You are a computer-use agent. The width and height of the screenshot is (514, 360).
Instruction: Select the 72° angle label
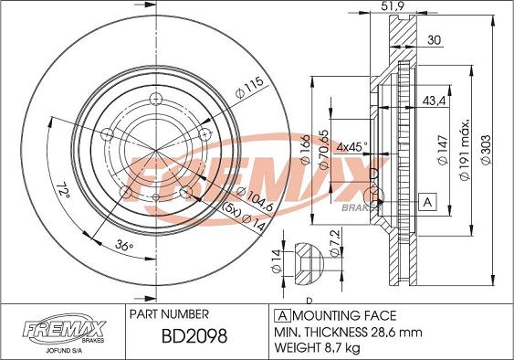click(x=63, y=191)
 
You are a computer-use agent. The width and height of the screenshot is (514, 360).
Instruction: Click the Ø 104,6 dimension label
click(x=252, y=194)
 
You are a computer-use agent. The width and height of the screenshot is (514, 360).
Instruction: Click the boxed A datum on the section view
click(x=425, y=201)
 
